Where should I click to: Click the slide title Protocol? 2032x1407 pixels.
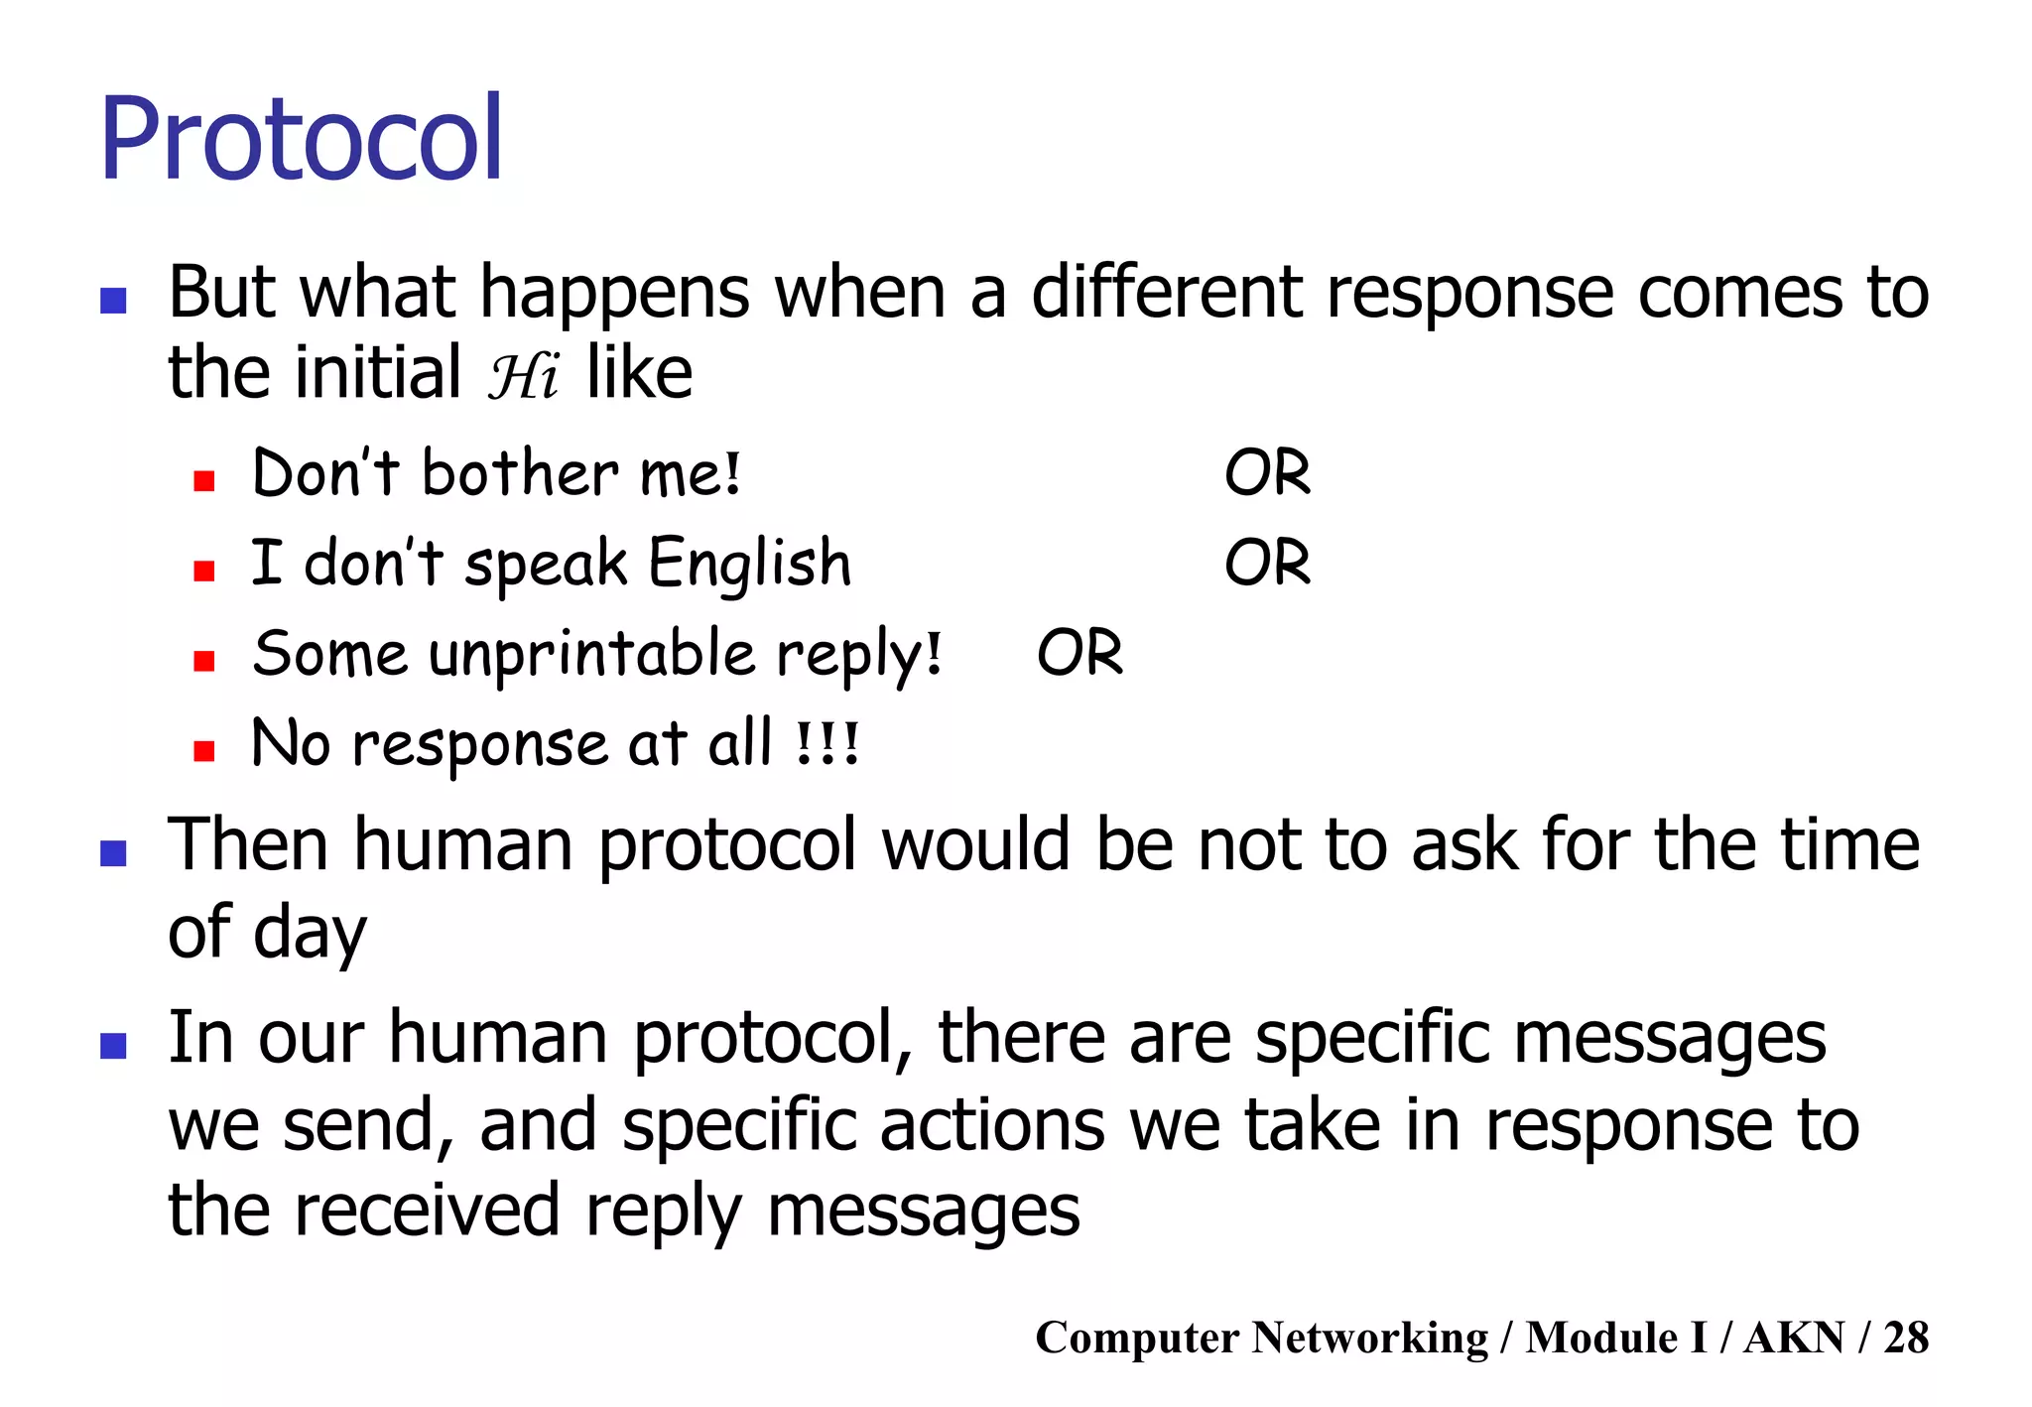(302, 139)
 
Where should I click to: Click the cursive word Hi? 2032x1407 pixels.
(523, 376)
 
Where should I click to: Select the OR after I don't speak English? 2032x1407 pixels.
(1267, 563)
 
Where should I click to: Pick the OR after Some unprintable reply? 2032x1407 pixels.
(1079, 653)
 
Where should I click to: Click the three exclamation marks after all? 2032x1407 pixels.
(828, 744)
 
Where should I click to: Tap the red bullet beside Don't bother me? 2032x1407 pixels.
(204, 481)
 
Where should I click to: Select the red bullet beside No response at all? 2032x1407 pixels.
(204, 751)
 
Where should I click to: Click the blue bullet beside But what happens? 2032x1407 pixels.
(114, 301)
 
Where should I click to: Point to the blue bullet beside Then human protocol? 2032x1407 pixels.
(114, 852)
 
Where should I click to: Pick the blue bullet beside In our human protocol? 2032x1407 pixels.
(114, 1045)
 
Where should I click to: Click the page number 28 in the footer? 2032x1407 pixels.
(1905, 1337)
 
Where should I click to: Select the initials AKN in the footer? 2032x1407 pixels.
(1794, 1337)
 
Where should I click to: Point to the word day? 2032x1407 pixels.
(310, 935)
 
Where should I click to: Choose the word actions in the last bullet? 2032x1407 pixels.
(991, 1125)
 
